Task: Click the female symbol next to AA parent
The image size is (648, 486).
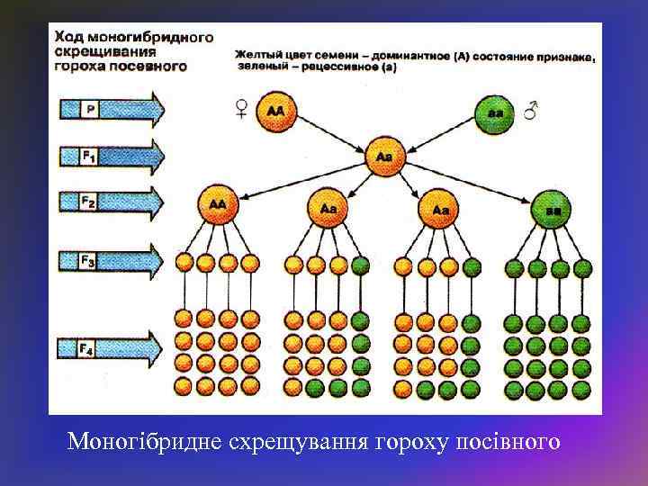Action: pyautogui.click(x=242, y=110)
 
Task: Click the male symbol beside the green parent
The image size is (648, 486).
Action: pyautogui.click(x=531, y=110)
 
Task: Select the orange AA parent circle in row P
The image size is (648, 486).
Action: pyautogui.click(x=275, y=112)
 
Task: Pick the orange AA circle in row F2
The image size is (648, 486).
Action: pyautogui.click(x=217, y=204)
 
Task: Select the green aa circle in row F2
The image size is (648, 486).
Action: pyautogui.click(x=549, y=209)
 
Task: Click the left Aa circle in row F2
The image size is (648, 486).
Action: pyautogui.click(x=328, y=208)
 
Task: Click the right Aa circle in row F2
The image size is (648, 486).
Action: pyautogui.click(x=440, y=209)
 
